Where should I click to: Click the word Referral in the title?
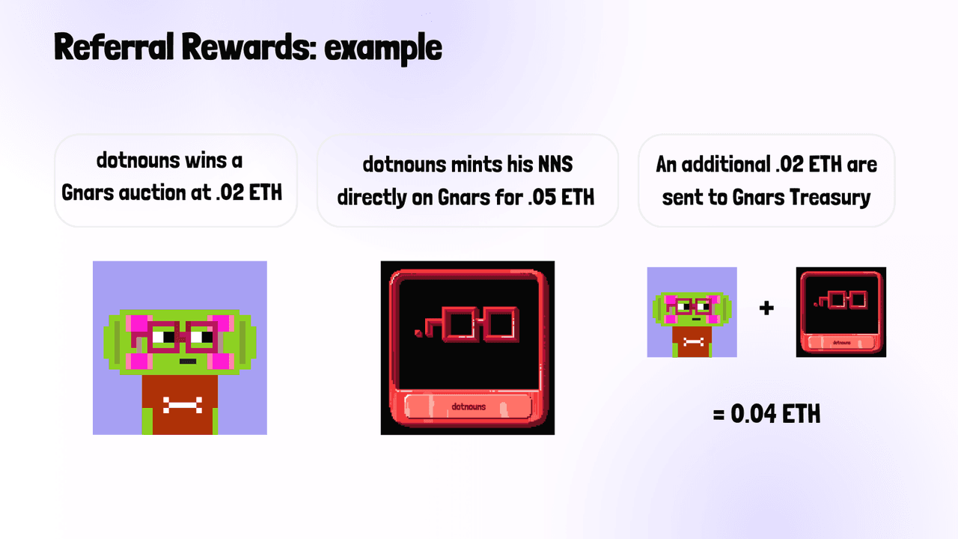coord(114,46)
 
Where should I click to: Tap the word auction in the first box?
coord(152,192)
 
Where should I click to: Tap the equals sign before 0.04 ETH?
coord(718,414)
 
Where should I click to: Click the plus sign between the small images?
coord(766,308)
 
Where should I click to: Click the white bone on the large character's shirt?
coord(183,405)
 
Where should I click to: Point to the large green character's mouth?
coord(187,362)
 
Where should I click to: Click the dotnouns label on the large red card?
coord(469,406)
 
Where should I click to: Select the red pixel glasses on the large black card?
coord(469,324)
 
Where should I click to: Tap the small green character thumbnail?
coord(692,312)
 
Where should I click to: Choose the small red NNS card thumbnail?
coord(840,312)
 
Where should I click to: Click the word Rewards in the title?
coord(248,46)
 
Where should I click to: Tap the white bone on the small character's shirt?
coord(694,342)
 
